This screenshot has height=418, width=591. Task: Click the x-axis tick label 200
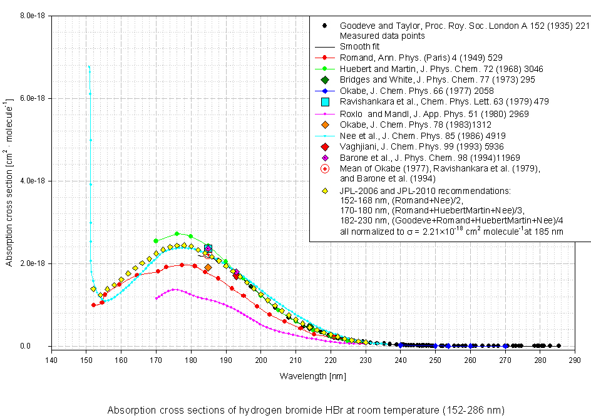[261, 359]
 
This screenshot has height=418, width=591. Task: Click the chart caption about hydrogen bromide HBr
[306, 410]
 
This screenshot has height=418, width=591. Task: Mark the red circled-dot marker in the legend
[324, 169]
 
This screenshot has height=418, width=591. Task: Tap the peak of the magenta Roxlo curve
[174, 289]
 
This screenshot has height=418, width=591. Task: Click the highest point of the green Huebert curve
[177, 233]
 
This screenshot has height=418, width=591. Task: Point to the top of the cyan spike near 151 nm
[89, 66]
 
